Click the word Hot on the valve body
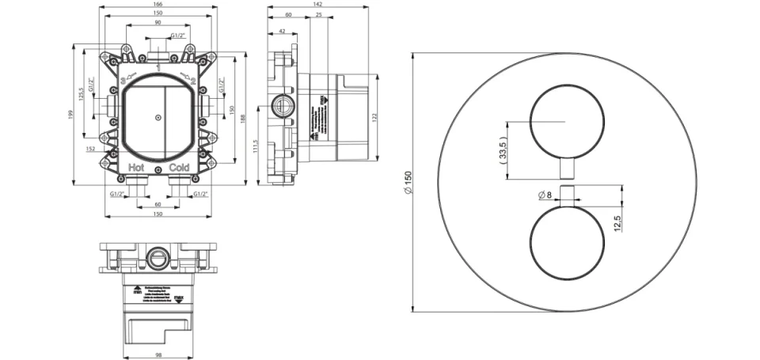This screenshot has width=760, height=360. click(x=137, y=168)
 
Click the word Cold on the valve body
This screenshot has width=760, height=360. click(x=178, y=168)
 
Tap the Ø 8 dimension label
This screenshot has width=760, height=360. click(x=544, y=195)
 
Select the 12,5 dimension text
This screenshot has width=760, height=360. click(x=617, y=219)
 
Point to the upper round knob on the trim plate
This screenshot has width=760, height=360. click(x=564, y=121)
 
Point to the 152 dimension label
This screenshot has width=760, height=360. click(x=91, y=147)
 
